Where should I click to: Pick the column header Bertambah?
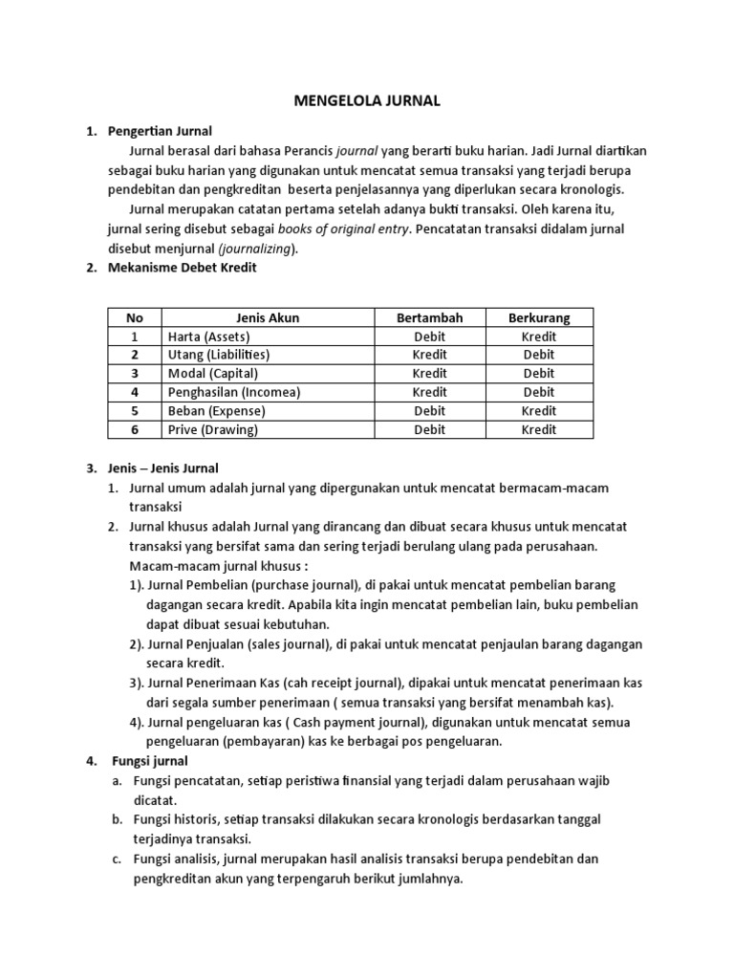point(429,317)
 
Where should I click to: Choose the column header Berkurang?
point(538,317)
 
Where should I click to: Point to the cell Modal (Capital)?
point(212,374)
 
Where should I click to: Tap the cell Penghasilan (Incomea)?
point(233,392)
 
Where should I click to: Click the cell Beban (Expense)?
point(216,411)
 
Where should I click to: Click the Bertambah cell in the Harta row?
point(429,337)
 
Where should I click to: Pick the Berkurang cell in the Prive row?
point(538,429)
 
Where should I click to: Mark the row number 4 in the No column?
point(135,392)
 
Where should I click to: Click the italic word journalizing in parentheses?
point(258,249)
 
